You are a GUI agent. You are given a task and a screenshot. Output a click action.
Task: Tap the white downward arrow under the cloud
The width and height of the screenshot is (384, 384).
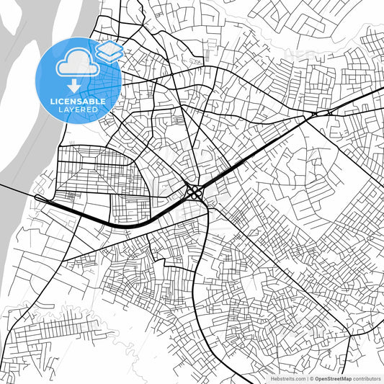click(73, 87)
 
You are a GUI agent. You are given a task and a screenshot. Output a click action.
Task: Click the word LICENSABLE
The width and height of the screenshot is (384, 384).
click(77, 102)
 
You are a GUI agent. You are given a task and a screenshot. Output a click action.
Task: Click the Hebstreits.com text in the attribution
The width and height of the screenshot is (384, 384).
click(287, 378)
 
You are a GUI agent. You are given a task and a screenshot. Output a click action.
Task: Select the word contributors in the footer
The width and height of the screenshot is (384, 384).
click(367, 378)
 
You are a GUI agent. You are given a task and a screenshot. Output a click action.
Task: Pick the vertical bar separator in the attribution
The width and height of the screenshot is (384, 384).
click(305, 378)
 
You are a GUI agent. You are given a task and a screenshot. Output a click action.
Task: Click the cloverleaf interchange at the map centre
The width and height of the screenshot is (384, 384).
click(195, 192)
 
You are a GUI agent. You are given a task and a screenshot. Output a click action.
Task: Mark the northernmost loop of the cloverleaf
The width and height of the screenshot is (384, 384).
click(195, 187)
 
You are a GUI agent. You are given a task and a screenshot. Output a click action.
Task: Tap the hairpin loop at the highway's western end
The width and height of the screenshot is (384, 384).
click(38, 197)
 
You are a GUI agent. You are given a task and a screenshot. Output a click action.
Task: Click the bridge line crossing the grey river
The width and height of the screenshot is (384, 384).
click(14, 189)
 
